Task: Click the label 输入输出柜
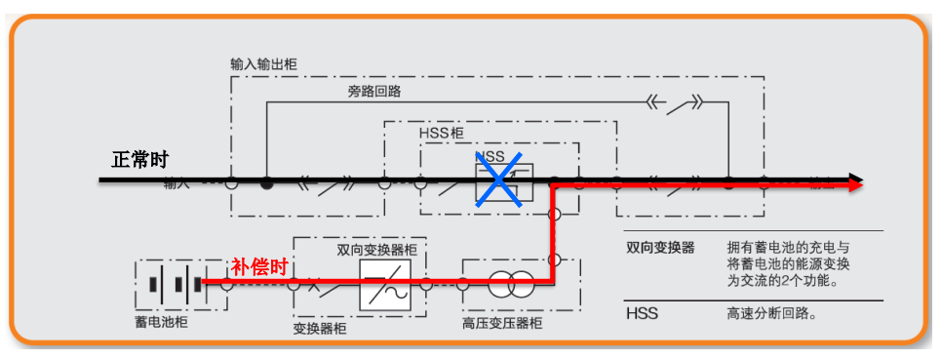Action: pos(263,64)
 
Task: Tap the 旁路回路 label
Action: pos(374,92)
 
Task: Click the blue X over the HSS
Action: pos(499,179)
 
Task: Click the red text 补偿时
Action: pos(259,265)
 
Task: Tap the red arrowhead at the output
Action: pos(854,183)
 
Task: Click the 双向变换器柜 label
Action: pos(377,250)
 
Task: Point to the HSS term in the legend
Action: pos(642,313)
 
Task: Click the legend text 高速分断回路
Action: pos(770,313)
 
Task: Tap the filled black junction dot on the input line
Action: pos(266,182)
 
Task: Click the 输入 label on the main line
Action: pos(178,184)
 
